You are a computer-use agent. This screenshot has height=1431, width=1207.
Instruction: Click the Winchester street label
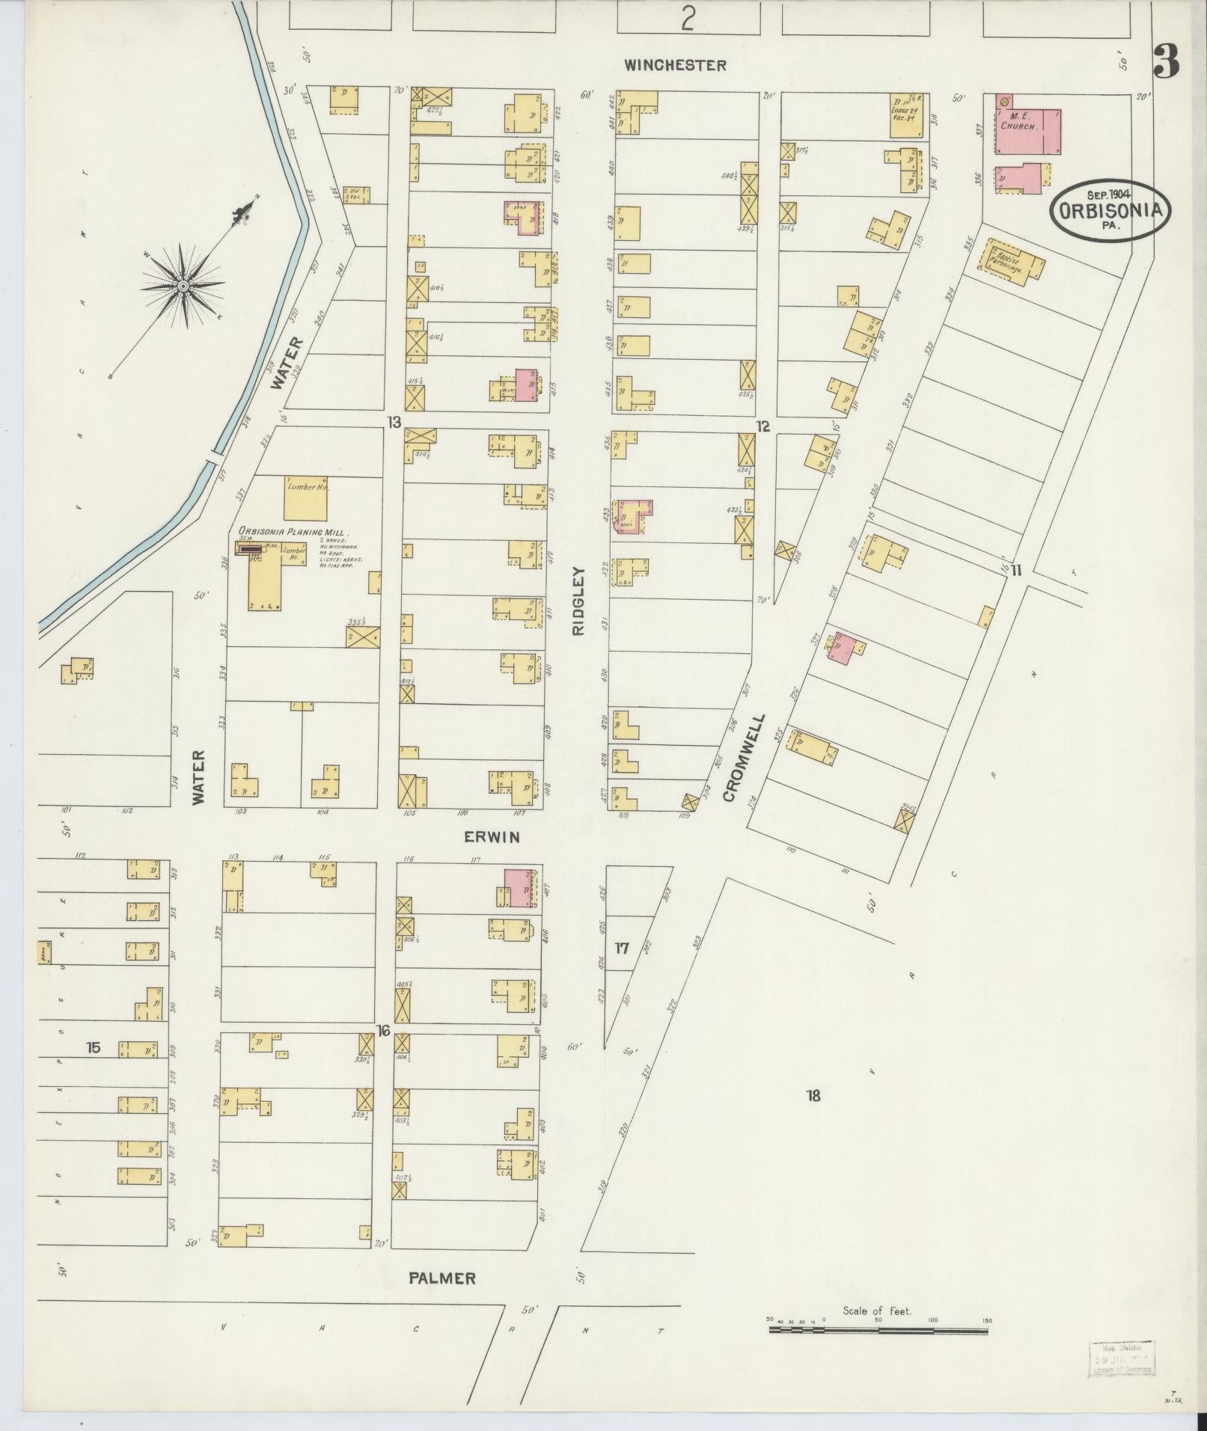(676, 66)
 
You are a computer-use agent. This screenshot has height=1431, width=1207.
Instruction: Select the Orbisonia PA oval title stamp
(1111, 210)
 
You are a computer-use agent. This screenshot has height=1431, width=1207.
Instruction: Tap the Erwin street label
(492, 837)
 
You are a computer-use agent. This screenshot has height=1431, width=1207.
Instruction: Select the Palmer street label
(442, 1278)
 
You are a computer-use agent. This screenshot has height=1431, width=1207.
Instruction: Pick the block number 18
(813, 1097)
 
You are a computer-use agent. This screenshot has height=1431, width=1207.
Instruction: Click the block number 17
(622, 949)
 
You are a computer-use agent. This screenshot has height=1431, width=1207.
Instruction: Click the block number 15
(93, 1047)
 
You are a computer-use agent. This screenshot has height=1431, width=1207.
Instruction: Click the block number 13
(394, 423)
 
